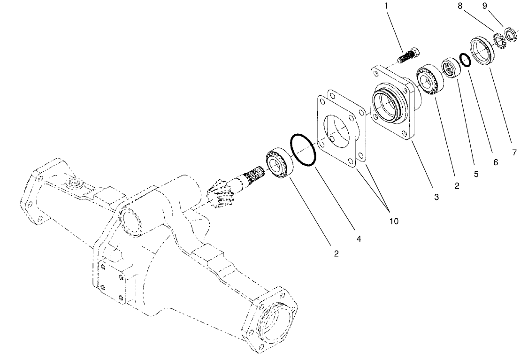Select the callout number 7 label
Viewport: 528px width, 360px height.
click(514, 153)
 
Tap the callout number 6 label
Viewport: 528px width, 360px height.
click(496, 162)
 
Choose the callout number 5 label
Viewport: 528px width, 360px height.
click(476, 174)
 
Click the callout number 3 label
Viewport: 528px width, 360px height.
click(436, 198)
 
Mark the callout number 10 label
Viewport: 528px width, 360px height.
click(393, 221)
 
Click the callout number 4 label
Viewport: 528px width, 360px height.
click(359, 238)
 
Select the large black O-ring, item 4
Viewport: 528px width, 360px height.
click(303, 150)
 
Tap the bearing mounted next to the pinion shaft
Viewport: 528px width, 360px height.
click(279, 163)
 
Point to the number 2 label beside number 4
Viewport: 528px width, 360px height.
click(336, 254)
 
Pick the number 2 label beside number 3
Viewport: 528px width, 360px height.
click(456, 186)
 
